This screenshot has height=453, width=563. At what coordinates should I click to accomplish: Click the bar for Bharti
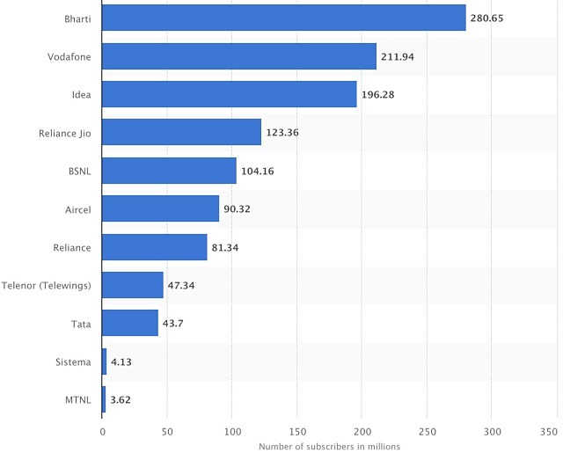(x=284, y=18)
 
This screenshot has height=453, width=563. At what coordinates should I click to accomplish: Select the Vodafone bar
(x=239, y=56)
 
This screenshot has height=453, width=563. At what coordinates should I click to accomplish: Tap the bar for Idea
(x=230, y=94)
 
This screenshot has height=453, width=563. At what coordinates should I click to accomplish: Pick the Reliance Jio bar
(x=182, y=132)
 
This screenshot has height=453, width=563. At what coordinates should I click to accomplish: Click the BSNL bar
(x=170, y=171)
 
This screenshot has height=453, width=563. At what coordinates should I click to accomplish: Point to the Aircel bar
(x=161, y=208)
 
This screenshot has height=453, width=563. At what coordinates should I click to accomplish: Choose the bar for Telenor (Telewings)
(x=133, y=285)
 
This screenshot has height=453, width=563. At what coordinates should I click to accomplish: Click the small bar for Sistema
(x=105, y=362)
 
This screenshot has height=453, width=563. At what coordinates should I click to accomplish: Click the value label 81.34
(x=226, y=247)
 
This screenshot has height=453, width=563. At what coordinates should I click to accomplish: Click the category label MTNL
(x=79, y=399)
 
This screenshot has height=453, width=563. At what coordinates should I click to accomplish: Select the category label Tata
(x=81, y=324)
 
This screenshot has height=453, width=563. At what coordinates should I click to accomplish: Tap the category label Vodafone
(x=69, y=56)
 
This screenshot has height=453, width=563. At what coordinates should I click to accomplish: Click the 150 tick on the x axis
(x=297, y=432)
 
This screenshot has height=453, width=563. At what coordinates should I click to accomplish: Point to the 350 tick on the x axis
(x=549, y=432)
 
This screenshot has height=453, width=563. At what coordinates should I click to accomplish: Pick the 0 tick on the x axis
(x=103, y=432)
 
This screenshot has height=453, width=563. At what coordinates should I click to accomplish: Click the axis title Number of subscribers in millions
(x=329, y=446)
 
